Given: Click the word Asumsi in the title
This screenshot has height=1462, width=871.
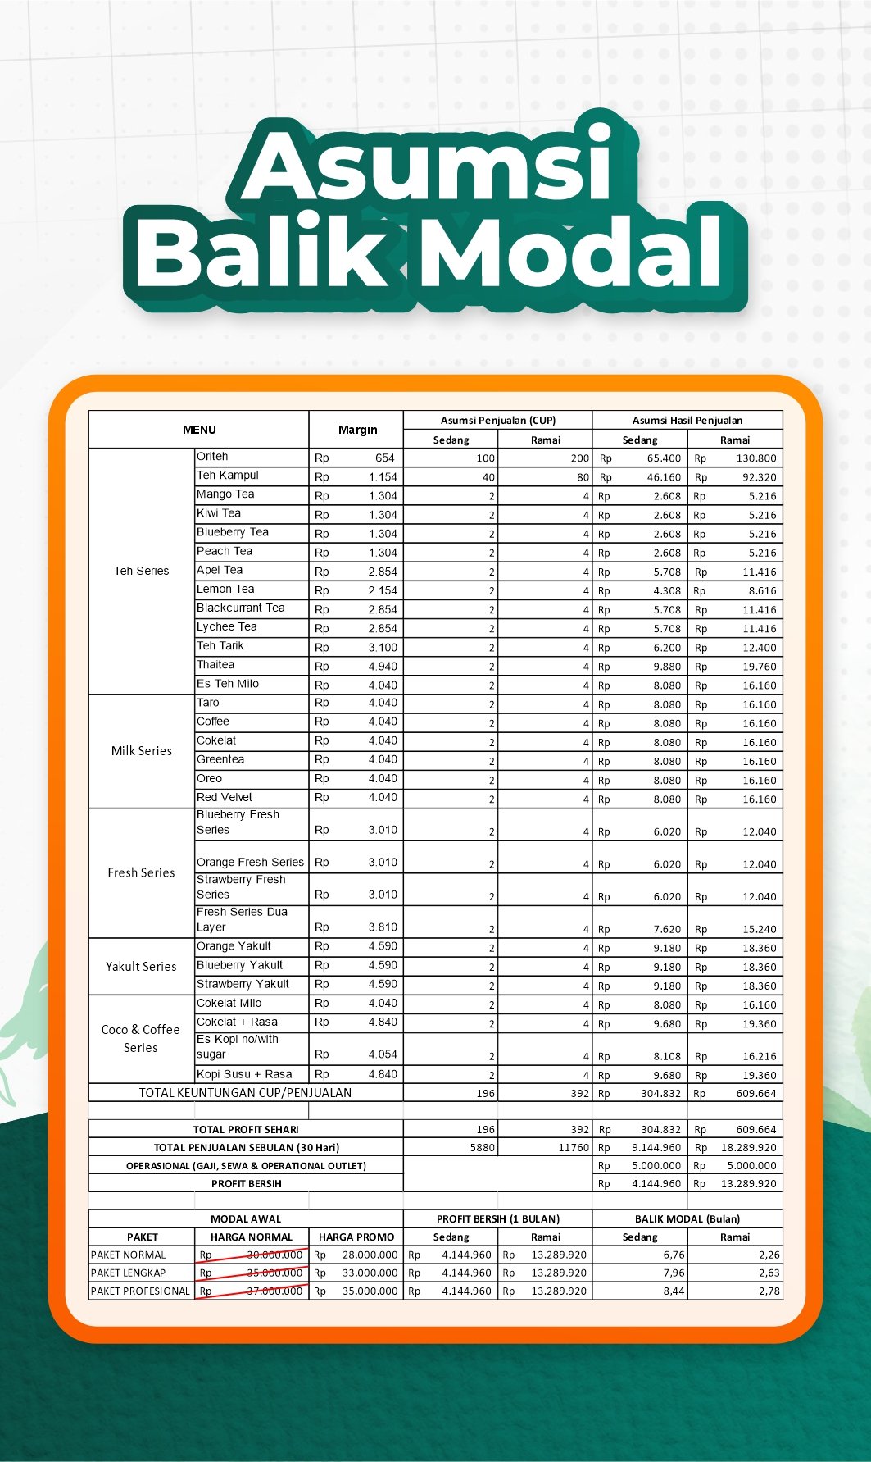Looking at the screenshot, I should point(427,164).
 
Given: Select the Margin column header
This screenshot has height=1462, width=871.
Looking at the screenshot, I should point(357,430).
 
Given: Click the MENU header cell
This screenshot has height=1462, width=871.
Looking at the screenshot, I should point(199,430).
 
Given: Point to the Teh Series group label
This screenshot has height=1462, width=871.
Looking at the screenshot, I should point(141,571).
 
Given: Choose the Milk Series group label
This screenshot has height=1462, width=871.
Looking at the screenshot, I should point(141,751).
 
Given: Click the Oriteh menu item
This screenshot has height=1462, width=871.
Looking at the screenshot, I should point(212,457).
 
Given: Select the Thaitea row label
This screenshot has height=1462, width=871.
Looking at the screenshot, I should point(215,665).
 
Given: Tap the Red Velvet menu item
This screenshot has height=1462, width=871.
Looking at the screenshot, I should point(224,797).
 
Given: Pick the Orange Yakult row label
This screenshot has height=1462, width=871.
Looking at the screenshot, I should point(234,946).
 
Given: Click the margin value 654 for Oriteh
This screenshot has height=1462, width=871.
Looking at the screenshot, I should point(384,458).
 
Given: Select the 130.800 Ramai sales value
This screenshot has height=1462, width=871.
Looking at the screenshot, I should point(755,458).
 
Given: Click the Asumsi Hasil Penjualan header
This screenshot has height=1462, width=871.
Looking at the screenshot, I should point(687,421).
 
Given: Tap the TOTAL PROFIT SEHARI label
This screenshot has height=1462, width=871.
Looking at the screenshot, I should point(246,1130).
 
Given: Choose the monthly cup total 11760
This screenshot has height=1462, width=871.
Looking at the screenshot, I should point(574,1148).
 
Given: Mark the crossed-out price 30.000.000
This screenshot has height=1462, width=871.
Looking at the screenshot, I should point(274,1255).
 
